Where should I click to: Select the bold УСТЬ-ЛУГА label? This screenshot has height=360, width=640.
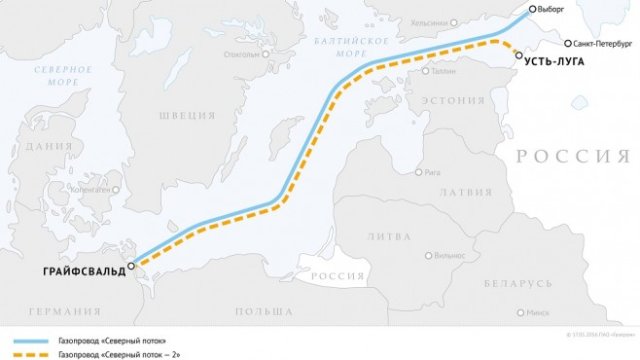click(x=552, y=63)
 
